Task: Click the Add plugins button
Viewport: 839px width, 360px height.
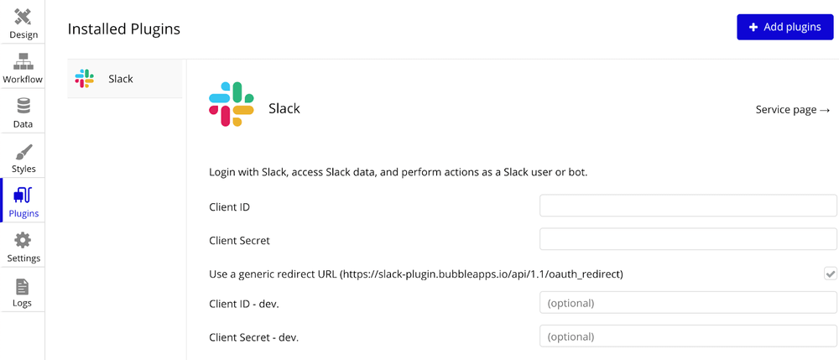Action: coord(784,27)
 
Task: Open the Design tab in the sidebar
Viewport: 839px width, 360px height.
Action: coord(23,23)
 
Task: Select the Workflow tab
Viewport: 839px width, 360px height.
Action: coord(23,68)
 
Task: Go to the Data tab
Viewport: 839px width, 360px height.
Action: coord(23,112)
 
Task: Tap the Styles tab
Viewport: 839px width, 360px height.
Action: coord(23,157)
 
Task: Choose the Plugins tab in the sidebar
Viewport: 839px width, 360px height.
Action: coord(23,202)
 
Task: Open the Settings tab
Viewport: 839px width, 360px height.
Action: coord(23,247)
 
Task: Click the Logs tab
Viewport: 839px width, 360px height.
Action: coord(23,291)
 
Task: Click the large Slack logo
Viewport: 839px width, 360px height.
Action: coord(232,104)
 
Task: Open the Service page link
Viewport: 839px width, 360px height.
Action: coord(793,109)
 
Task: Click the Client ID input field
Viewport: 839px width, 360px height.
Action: coord(688,206)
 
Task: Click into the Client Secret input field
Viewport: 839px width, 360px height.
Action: coord(688,239)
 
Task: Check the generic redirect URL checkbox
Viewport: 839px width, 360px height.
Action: coord(830,274)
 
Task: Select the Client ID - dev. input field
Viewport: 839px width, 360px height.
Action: coord(688,303)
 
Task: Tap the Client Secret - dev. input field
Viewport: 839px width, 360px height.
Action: coord(688,337)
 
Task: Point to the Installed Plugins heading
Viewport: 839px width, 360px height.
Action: coord(124,29)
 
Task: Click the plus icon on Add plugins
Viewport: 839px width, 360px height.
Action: coord(753,28)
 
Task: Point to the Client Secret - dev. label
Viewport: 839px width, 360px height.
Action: coord(253,337)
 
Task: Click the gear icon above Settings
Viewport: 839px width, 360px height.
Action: coord(23,240)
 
